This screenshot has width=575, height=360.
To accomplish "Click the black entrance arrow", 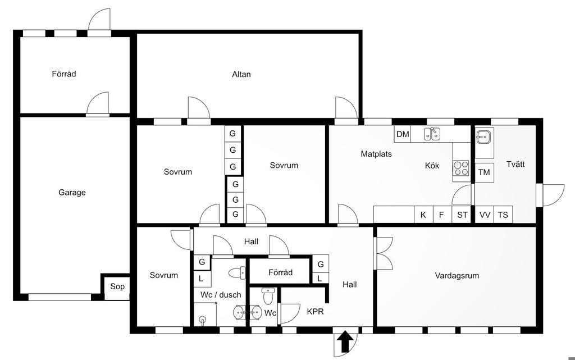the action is click(x=345, y=341).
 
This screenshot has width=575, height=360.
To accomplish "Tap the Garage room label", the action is click(x=72, y=193).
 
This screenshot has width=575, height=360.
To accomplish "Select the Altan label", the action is click(x=241, y=74).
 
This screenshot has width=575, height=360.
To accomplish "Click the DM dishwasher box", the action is click(x=403, y=134).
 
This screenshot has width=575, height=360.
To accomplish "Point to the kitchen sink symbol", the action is click(x=432, y=134).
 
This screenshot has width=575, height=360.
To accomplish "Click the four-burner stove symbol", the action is click(x=462, y=168).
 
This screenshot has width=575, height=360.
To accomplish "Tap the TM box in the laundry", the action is click(x=484, y=172).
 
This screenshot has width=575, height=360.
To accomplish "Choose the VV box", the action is click(x=485, y=215).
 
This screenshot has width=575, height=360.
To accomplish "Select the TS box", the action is click(x=503, y=215).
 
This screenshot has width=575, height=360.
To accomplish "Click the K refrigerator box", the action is click(x=423, y=215).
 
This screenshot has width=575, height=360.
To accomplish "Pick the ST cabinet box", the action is click(x=462, y=215).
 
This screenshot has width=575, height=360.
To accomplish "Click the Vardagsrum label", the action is click(x=457, y=276).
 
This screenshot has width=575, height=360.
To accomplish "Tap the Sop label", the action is click(x=117, y=286).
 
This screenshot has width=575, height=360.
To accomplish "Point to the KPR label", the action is click(x=316, y=312).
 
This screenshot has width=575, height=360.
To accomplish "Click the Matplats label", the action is click(x=376, y=154).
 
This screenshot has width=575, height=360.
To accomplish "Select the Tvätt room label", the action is click(x=515, y=164).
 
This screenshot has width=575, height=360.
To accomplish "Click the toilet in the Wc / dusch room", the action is click(x=238, y=272).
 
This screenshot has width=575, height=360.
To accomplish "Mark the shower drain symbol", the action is click(x=202, y=320).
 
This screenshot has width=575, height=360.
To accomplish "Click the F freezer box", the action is click(x=442, y=215).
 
